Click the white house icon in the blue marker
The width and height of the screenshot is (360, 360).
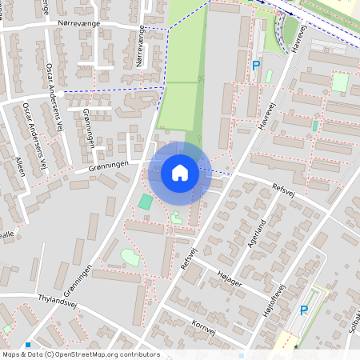pyautogui.click(x=180, y=172)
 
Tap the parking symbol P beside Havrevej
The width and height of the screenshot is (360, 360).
pyautogui.click(x=256, y=66)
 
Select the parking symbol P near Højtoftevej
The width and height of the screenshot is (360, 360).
pyautogui.click(x=303, y=310)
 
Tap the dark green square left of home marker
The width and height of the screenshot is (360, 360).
pyautogui.click(x=144, y=202)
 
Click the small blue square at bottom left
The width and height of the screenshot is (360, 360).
pyautogui.click(x=28, y=345)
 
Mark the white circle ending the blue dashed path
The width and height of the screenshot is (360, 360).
pyautogui.click(x=59, y=92)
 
